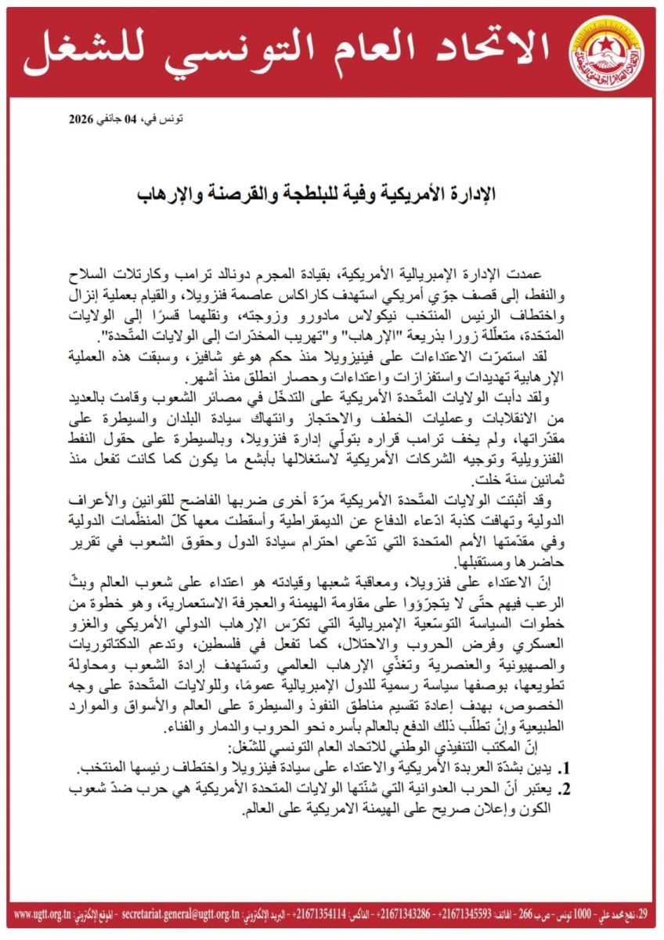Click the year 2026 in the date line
click(81, 120)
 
